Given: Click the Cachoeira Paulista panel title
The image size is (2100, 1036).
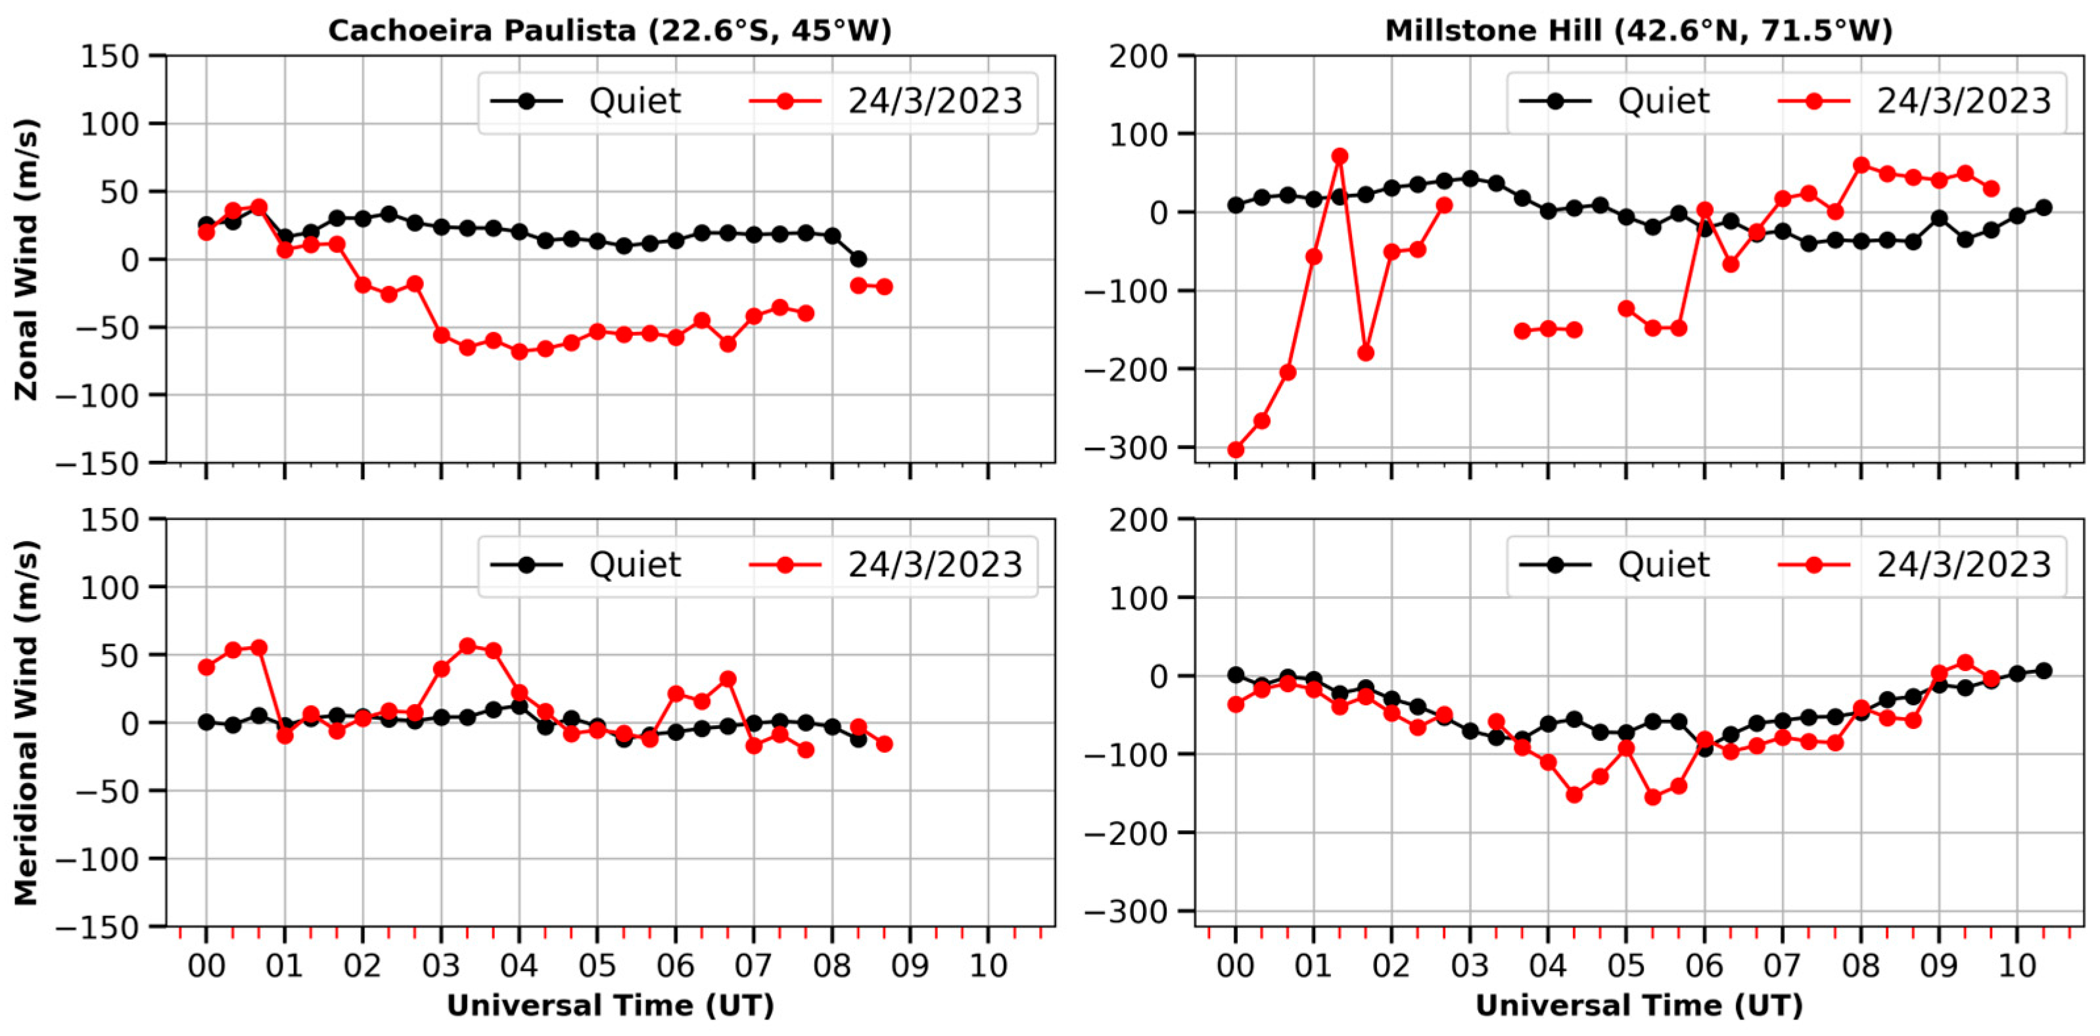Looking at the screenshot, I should coord(609,30).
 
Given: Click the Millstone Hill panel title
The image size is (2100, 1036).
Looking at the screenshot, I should coord(1638,30).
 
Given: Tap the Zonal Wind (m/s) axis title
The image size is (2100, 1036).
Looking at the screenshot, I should coord(26,259).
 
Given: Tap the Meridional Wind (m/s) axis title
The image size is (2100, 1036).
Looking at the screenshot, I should coord(26,722).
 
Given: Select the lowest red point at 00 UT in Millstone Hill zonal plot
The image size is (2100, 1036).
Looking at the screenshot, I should coord(1235,449).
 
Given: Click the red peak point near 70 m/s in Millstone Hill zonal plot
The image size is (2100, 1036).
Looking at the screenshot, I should coord(1340,156).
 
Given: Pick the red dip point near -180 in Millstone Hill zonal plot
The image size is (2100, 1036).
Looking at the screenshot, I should coord(1365,353).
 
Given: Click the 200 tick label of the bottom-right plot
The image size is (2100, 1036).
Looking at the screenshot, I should coord(1138,519).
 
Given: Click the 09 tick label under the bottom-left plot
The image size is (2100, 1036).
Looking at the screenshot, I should coord(910,966).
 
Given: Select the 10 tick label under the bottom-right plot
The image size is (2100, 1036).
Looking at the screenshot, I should coord(2017,966).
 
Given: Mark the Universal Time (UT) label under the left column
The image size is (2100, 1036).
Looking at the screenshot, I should coord(610,1005).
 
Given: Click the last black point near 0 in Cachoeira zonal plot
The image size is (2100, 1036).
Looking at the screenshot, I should coord(858,259).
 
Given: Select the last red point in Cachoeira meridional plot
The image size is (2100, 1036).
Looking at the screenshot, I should coord(883,743).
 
